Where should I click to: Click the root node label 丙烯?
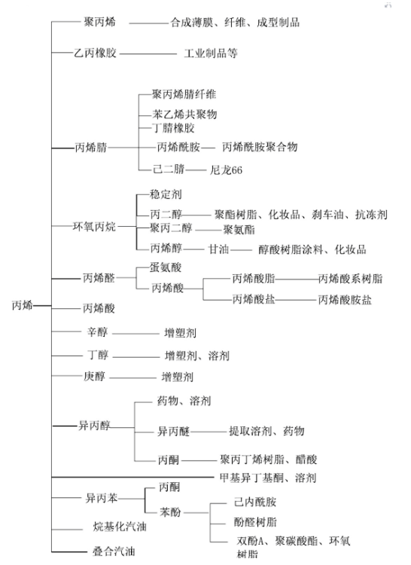click(23, 305)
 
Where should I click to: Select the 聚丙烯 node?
click(99, 22)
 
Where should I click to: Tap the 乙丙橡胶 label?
click(96, 53)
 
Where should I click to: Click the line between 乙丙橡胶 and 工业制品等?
click(148, 54)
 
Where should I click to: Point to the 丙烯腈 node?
click(90, 148)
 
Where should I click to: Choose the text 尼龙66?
click(226, 169)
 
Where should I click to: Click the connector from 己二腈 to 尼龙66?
click(196, 169)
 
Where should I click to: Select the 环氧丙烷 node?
click(94, 226)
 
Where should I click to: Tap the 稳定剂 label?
click(166, 194)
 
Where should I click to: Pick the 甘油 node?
click(219, 249)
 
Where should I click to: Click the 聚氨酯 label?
click(239, 230)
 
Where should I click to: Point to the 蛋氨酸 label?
click(166, 267)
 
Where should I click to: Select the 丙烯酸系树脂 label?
click(350, 279)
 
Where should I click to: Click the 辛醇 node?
click(98, 331)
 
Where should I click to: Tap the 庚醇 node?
click(94, 377)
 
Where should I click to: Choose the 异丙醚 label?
click(173, 431)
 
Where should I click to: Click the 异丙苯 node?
click(102, 499)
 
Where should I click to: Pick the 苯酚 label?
click(170, 512)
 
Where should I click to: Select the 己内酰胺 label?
click(255, 502)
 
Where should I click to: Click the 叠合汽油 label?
click(114, 551)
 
